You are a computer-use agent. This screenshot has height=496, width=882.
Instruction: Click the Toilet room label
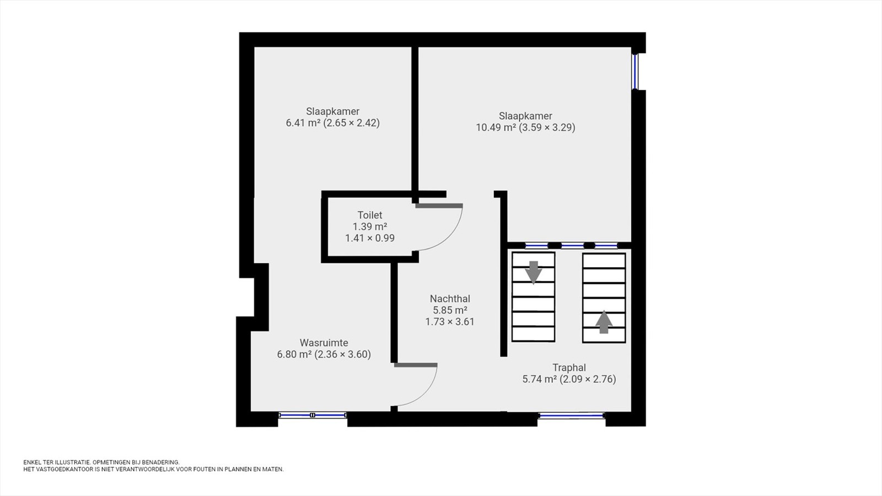point(370,215)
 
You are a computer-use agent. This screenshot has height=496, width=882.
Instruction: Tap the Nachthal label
point(450,299)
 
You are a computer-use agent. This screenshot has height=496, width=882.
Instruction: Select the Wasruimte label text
point(324,342)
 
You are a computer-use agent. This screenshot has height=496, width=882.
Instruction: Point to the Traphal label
point(569,368)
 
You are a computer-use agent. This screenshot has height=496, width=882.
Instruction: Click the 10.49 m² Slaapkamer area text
point(525,127)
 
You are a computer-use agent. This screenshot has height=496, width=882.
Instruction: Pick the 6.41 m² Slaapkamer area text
point(333,123)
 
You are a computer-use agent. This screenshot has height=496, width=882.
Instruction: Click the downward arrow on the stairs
point(534,272)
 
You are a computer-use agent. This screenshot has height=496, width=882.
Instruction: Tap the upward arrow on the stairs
point(604,322)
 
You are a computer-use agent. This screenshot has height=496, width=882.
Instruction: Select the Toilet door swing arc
point(450,238)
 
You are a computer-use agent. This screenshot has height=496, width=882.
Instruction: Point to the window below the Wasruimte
point(313,415)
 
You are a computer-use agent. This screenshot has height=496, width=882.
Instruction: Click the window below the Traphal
point(571,415)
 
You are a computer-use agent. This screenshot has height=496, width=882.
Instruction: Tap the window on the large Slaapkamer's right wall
point(634,72)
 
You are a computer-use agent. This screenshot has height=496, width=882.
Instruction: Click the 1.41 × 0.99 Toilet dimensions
point(370,238)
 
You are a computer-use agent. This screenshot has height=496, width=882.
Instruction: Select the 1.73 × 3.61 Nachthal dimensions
point(450,322)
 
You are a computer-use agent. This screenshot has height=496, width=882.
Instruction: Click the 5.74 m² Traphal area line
point(569,379)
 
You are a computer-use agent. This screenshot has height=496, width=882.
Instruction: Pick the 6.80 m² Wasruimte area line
point(324,354)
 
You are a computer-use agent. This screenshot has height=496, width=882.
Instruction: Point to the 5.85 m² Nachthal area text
point(450,310)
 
